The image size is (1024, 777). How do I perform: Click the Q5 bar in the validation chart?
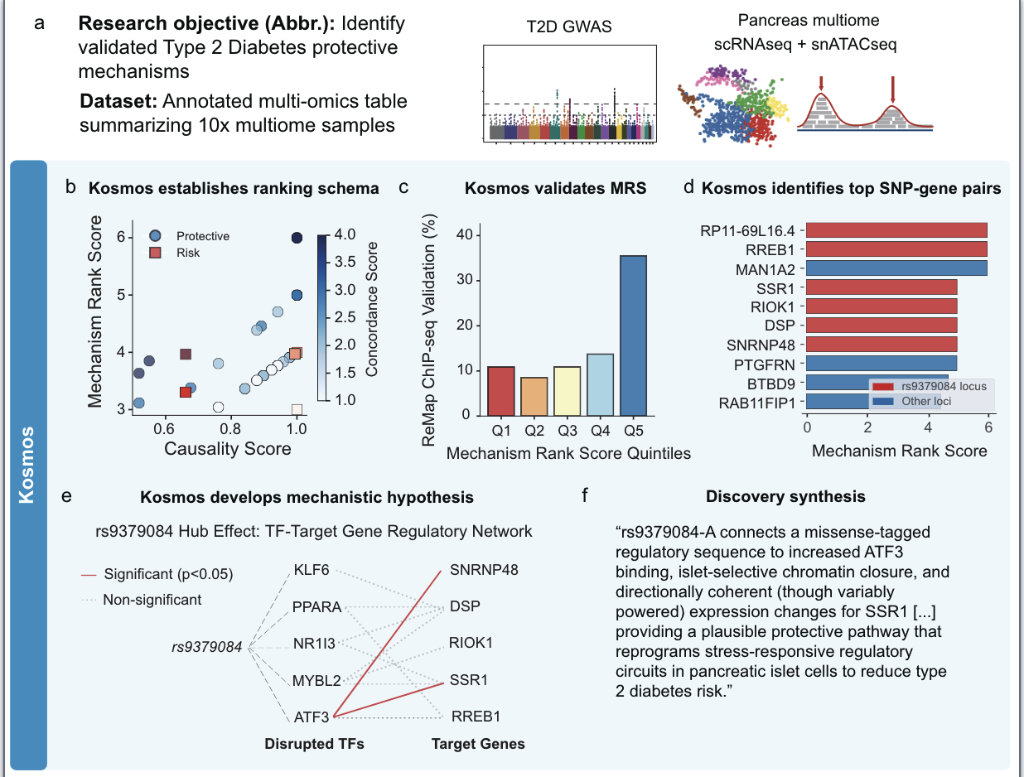tap(634, 335)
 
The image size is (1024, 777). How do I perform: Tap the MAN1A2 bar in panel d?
tap(896, 268)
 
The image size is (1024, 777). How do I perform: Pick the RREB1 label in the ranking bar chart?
tap(772, 249)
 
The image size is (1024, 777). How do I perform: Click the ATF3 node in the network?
tap(311, 717)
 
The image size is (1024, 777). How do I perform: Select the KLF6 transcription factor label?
tap(312, 570)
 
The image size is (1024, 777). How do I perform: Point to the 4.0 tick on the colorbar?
tap(346, 235)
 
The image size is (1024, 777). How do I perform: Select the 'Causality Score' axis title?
tap(228, 449)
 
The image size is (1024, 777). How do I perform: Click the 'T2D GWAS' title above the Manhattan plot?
tap(569, 27)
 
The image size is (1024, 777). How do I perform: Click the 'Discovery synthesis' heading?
tap(785, 497)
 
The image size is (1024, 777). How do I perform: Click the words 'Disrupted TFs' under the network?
tap(314, 744)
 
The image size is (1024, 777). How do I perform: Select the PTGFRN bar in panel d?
tap(881, 363)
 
